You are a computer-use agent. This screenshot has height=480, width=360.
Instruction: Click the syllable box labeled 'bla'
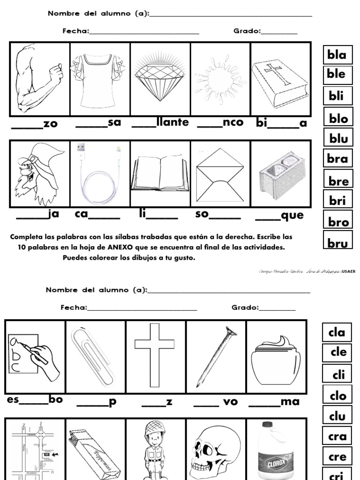click(x=337, y=55)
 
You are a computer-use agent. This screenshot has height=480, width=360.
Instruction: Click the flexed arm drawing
click(x=39, y=78)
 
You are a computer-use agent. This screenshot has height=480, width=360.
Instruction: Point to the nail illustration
click(x=216, y=357)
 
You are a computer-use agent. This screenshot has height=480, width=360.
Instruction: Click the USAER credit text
click(x=348, y=271)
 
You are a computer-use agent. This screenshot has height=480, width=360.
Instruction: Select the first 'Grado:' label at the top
click(x=247, y=31)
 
